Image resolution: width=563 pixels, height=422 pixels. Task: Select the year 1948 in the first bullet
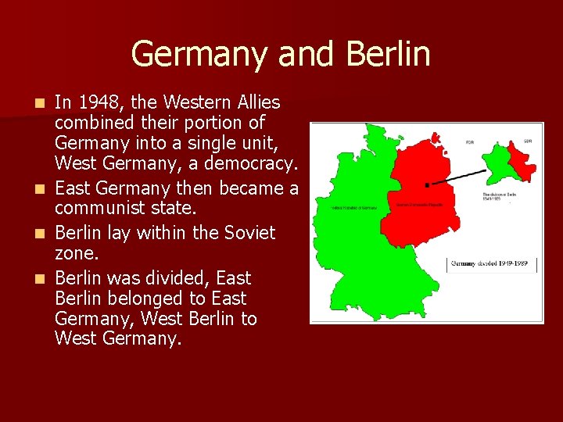click(95, 103)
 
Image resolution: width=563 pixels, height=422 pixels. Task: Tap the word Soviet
click(247, 233)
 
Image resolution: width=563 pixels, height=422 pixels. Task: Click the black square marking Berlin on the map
click(426, 185)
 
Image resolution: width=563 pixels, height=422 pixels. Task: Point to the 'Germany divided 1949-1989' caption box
click(491, 264)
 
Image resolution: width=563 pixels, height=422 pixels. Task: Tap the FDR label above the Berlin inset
click(469, 143)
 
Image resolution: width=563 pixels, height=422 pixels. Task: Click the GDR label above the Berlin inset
click(527, 141)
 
